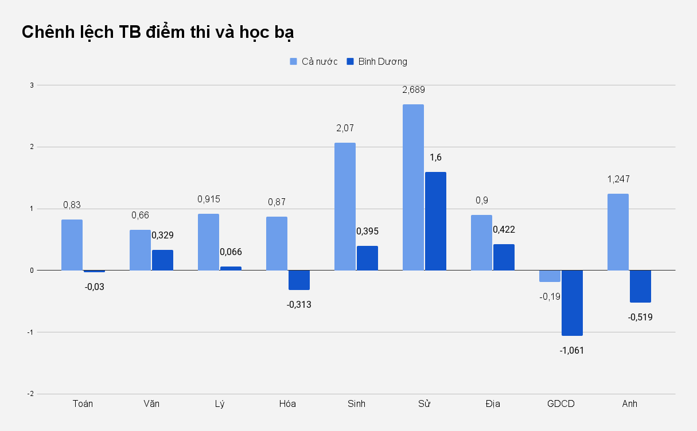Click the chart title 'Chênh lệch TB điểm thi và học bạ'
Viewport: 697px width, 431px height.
point(158,32)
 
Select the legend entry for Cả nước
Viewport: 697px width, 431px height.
point(313,61)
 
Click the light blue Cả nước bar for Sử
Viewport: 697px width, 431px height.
point(413,187)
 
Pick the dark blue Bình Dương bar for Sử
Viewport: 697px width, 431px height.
point(435,221)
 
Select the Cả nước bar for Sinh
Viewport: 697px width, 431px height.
point(345,206)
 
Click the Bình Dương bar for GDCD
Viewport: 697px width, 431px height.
point(572,303)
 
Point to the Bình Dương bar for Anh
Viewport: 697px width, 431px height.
point(640,286)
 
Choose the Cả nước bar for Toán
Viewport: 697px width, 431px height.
point(72,245)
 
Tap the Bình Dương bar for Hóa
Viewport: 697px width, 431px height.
point(299,280)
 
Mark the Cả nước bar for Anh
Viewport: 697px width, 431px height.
point(618,232)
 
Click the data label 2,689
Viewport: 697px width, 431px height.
point(413,90)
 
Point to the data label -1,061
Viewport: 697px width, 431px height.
point(572,350)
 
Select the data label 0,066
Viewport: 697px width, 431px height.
point(231,252)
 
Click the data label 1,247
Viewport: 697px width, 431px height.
point(618,179)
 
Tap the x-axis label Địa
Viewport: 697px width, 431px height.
point(492,403)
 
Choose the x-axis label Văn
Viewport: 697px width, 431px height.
point(151,403)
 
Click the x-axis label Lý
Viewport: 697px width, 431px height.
point(220,403)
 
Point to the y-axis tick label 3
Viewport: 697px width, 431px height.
point(32,85)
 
